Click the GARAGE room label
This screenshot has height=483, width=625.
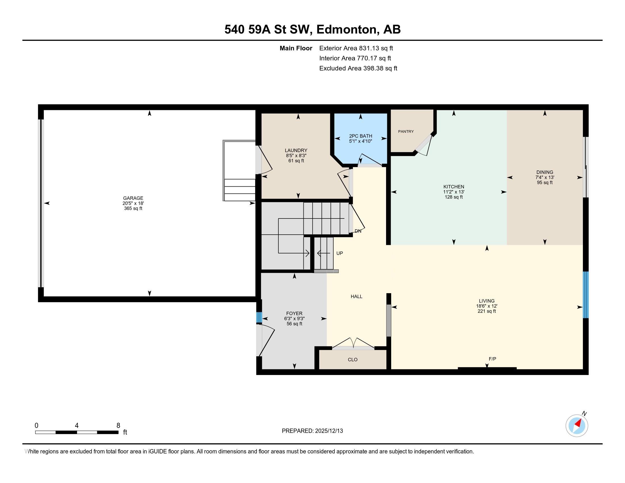point(133,198)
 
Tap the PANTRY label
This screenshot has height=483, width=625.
point(406,131)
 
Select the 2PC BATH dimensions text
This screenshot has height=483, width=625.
point(360,141)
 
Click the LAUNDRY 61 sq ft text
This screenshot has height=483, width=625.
point(296,161)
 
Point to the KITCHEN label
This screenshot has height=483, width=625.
point(454,187)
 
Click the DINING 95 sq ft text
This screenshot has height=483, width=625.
point(545,183)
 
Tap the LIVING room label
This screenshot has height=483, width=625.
point(486,301)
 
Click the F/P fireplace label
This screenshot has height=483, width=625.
point(492,359)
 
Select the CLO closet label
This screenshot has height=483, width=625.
point(353,360)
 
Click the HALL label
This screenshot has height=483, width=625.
point(357,296)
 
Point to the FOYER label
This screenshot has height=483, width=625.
point(294,313)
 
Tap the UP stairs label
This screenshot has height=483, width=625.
point(339,253)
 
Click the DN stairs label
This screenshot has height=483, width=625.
point(358,231)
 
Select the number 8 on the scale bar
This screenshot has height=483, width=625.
point(118,426)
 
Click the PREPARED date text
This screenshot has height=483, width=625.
point(312,431)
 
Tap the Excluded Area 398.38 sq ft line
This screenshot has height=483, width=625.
point(358,68)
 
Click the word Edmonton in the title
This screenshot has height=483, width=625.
point(346,30)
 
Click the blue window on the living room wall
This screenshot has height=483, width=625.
point(586,295)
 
